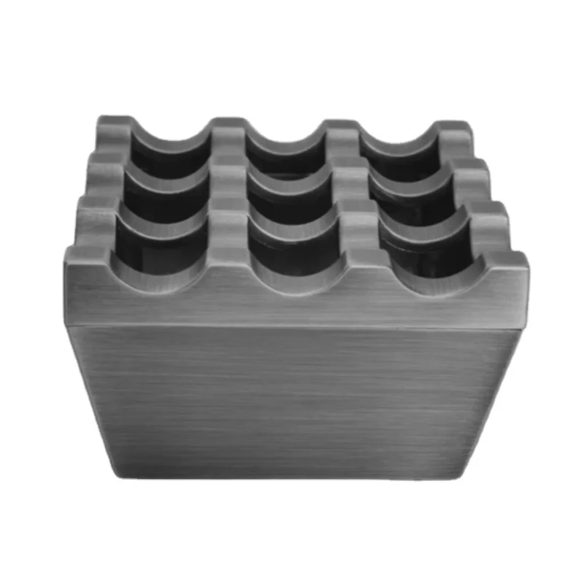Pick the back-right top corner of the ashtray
tap(463, 124)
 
